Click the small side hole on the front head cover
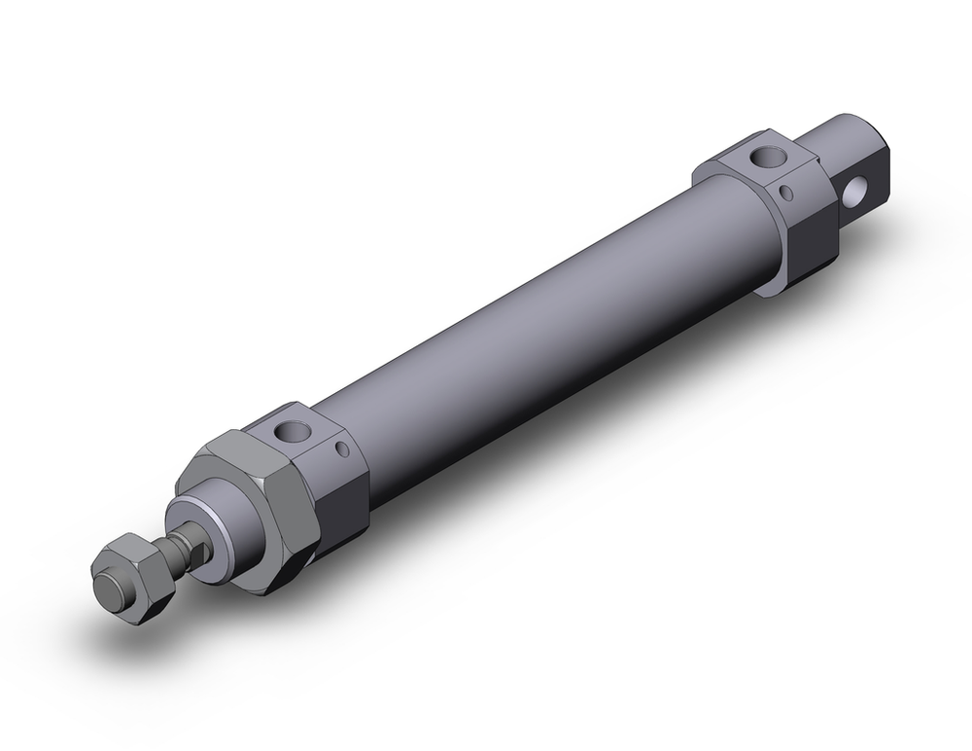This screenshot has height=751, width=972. click(x=341, y=449)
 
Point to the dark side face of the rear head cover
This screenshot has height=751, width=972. click(x=812, y=233)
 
